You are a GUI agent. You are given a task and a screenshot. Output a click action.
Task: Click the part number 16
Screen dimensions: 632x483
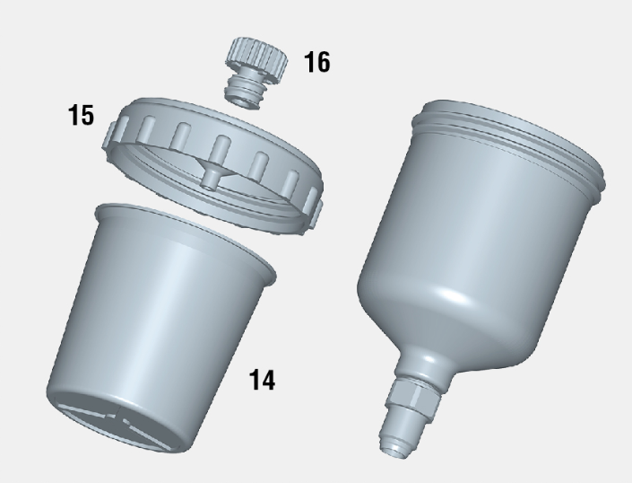[x=316, y=62]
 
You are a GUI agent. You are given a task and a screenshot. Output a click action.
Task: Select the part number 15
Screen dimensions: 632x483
[x=82, y=115]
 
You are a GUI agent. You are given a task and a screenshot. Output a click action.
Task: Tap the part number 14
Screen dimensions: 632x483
[x=263, y=380]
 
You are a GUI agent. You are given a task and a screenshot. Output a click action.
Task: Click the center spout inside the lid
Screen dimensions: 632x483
[x=211, y=177]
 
